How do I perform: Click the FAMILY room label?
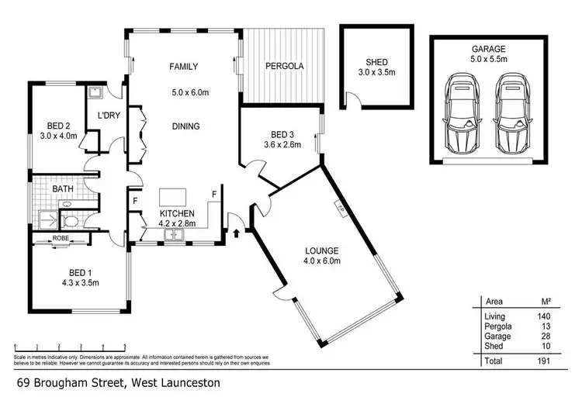185,67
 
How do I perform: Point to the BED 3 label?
279,132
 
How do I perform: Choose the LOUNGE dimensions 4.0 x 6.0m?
322,262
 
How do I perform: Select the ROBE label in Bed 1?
61,238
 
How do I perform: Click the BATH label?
63,188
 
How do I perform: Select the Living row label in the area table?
494,316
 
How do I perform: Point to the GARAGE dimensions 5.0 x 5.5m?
487,58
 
